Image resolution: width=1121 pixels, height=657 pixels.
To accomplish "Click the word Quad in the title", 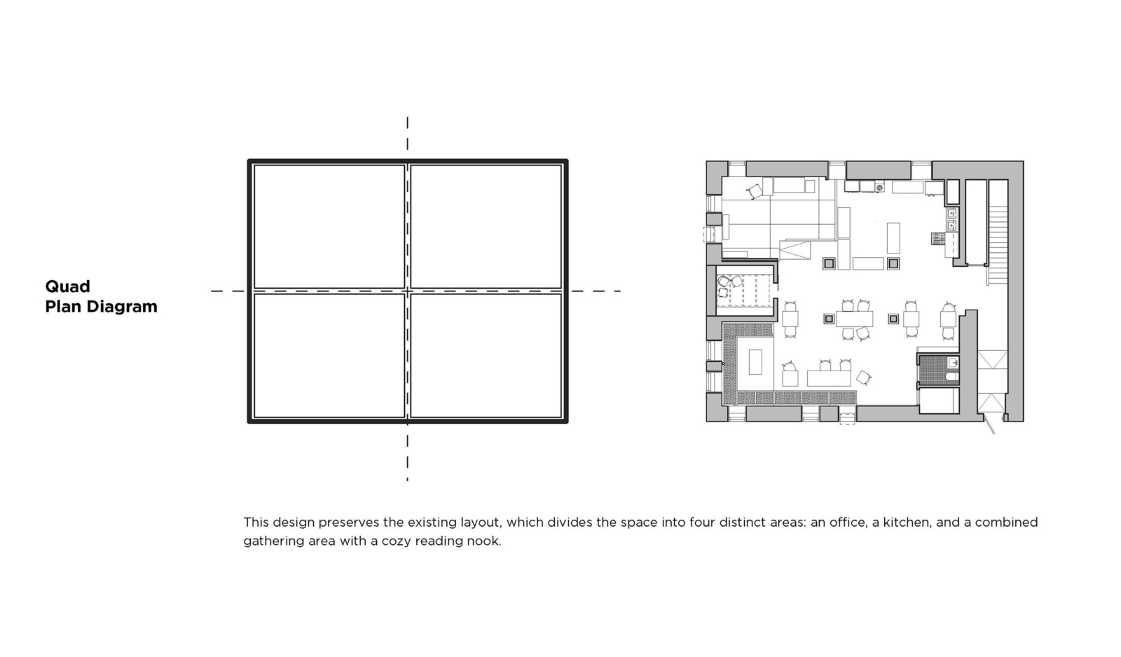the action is coord(67,286).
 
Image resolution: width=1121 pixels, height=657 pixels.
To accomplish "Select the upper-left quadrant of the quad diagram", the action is coord(329,227).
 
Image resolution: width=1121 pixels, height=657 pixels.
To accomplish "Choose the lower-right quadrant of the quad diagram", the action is coord(486,355).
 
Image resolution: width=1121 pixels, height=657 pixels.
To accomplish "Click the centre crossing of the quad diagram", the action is coord(407,291).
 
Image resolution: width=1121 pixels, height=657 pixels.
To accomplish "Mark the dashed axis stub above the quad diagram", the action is coord(407,134).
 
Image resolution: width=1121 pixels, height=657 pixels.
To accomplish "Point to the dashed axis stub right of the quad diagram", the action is coord(596,291).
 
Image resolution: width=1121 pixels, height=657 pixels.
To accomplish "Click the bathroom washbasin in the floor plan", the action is coord(953,362).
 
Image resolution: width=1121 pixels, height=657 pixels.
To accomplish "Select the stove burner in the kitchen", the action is coord(879,188).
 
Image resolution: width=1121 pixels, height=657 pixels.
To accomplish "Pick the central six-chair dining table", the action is coord(854,319).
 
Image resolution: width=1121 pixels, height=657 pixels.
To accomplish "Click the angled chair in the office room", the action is coord(755,191).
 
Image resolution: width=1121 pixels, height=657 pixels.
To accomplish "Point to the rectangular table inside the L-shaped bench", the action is coord(755,362).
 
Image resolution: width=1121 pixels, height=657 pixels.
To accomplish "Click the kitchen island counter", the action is coord(893,237).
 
